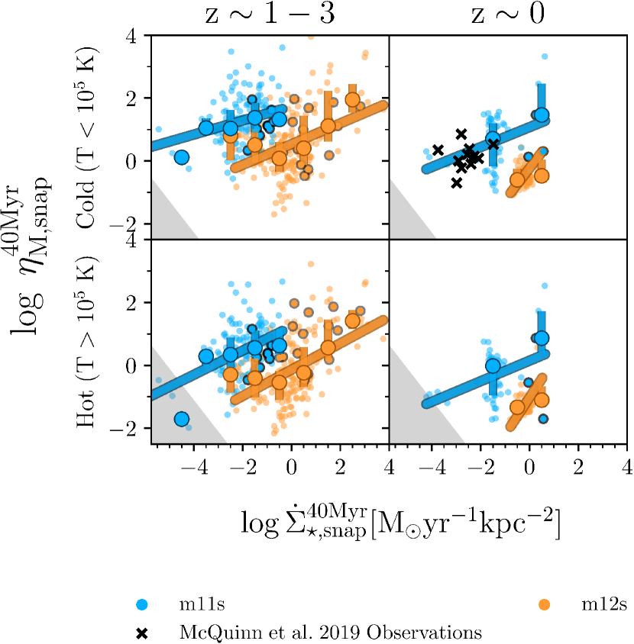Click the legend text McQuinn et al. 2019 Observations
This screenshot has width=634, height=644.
coord(330,632)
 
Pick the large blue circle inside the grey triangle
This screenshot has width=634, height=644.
coord(182,419)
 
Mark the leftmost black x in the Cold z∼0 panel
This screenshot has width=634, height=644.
coord(438,150)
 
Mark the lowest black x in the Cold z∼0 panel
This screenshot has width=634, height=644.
coord(456,183)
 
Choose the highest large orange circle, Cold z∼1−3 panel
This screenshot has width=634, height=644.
coord(352,99)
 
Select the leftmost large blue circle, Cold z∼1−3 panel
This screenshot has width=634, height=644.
coord(182,157)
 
